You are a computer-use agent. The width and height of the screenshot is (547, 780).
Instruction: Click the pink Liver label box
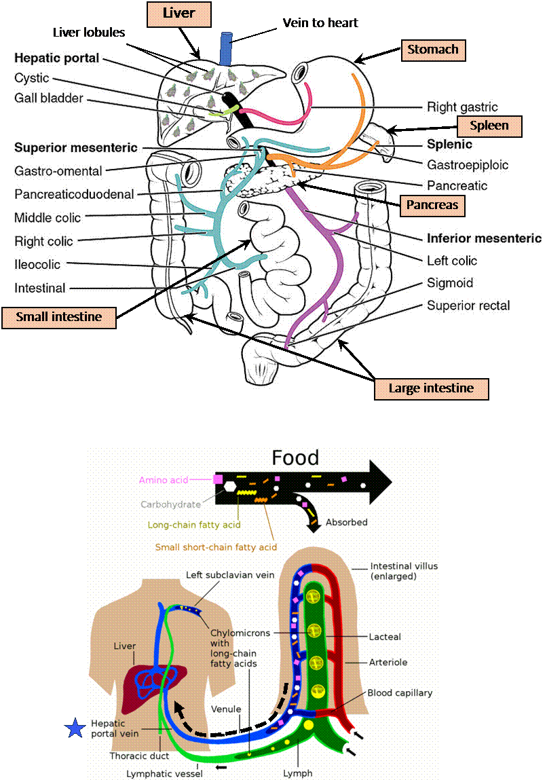179,13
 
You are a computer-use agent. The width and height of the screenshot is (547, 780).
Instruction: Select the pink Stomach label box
432,49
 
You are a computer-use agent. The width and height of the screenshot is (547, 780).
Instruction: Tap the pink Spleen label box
489,126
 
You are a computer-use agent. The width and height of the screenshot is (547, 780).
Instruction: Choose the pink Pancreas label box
432,204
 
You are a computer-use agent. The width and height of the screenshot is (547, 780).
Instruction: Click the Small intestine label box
59,316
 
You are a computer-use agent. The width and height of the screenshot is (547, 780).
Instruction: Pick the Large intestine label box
431,388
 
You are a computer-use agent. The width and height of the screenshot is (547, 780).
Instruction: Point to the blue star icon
74,728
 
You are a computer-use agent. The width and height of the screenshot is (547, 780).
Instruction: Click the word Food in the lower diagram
295,458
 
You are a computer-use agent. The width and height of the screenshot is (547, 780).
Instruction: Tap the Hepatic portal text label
57,58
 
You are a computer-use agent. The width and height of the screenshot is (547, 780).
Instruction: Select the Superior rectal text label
468,305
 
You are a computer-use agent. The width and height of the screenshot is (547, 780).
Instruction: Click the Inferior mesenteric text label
484,238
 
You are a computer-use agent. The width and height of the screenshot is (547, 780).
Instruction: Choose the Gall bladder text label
49,98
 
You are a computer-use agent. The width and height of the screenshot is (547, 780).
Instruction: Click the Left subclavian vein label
230,575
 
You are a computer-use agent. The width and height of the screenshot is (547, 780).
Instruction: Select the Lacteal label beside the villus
385,637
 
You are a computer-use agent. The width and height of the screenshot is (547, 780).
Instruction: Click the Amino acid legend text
164,480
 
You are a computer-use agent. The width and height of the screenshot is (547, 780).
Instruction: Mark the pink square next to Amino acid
218,479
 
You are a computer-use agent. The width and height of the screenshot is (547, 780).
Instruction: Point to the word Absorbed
346,523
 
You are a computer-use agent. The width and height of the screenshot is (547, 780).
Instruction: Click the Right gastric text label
462,107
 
